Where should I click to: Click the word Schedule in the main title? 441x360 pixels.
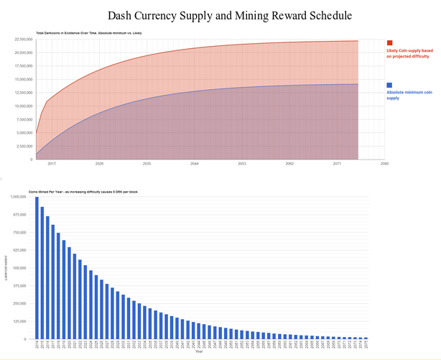[x=328, y=15]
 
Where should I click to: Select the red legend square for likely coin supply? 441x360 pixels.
[x=389, y=44]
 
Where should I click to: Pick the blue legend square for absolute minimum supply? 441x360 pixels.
[x=389, y=86]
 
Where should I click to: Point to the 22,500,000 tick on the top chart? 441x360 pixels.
[x=24, y=39]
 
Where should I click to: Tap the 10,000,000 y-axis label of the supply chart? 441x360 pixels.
[x=24, y=106]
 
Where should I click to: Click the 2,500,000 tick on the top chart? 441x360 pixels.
[x=25, y=146]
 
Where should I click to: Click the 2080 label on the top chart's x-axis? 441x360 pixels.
[x=385, y=164]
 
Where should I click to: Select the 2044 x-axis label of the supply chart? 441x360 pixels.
[x=195, y=164]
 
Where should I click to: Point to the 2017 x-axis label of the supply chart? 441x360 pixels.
[x=52, y=164]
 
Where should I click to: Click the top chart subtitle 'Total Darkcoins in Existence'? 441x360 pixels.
[x=79, y=32]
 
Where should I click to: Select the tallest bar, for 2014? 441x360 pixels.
[x=37, y=267]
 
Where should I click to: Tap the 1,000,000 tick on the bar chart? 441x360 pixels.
[x=18, y=196]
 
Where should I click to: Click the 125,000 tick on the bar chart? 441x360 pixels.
[x=19, y=321]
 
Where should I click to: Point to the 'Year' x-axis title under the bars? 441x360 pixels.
[x=198, y=352]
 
